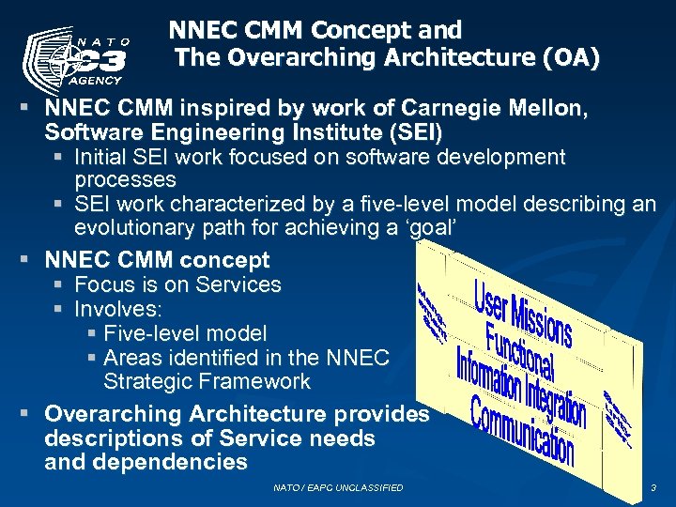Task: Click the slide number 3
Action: pyautogui.click(x=653, y=488)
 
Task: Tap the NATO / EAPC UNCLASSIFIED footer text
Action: pyautogui.click(x=338, y=488)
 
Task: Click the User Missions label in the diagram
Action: pyautogui.click(x=522, y=312)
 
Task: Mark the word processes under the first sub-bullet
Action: pyautogui.click(x=125, y=179)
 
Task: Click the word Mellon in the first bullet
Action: pyautogui.click(x=548, y=109)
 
